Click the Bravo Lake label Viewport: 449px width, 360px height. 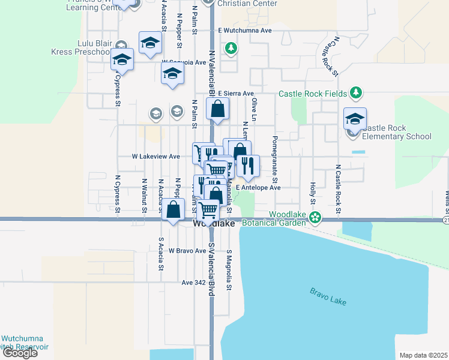pyautogui.click(x=328, y=296)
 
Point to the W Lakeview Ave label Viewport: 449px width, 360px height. pyautogui.click(x=156, y=156)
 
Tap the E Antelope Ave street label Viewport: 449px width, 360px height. pyautogui.click(x=258, y=187)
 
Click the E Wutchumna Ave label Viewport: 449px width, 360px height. pyautogui.click(x=245, y=30)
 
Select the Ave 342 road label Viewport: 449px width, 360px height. pyautogui.click(x=193, y=282)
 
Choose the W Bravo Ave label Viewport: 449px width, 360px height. pyautogui.click(x=187, y=250)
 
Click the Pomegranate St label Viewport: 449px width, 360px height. pyautogui.click(x=275, y=159)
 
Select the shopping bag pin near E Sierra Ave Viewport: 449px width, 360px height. pyautogui.click(x=217, y=109)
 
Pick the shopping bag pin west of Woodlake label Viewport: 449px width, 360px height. pyautogui.click(x=173, y=210)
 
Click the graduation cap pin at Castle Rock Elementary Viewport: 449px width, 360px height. pyautogui.click(x=355, y=118)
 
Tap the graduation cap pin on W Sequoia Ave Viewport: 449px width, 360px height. pyautogui.click(x=172, y=73)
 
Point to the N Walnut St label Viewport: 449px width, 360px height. pyautogui.click(x=144, y=196)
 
